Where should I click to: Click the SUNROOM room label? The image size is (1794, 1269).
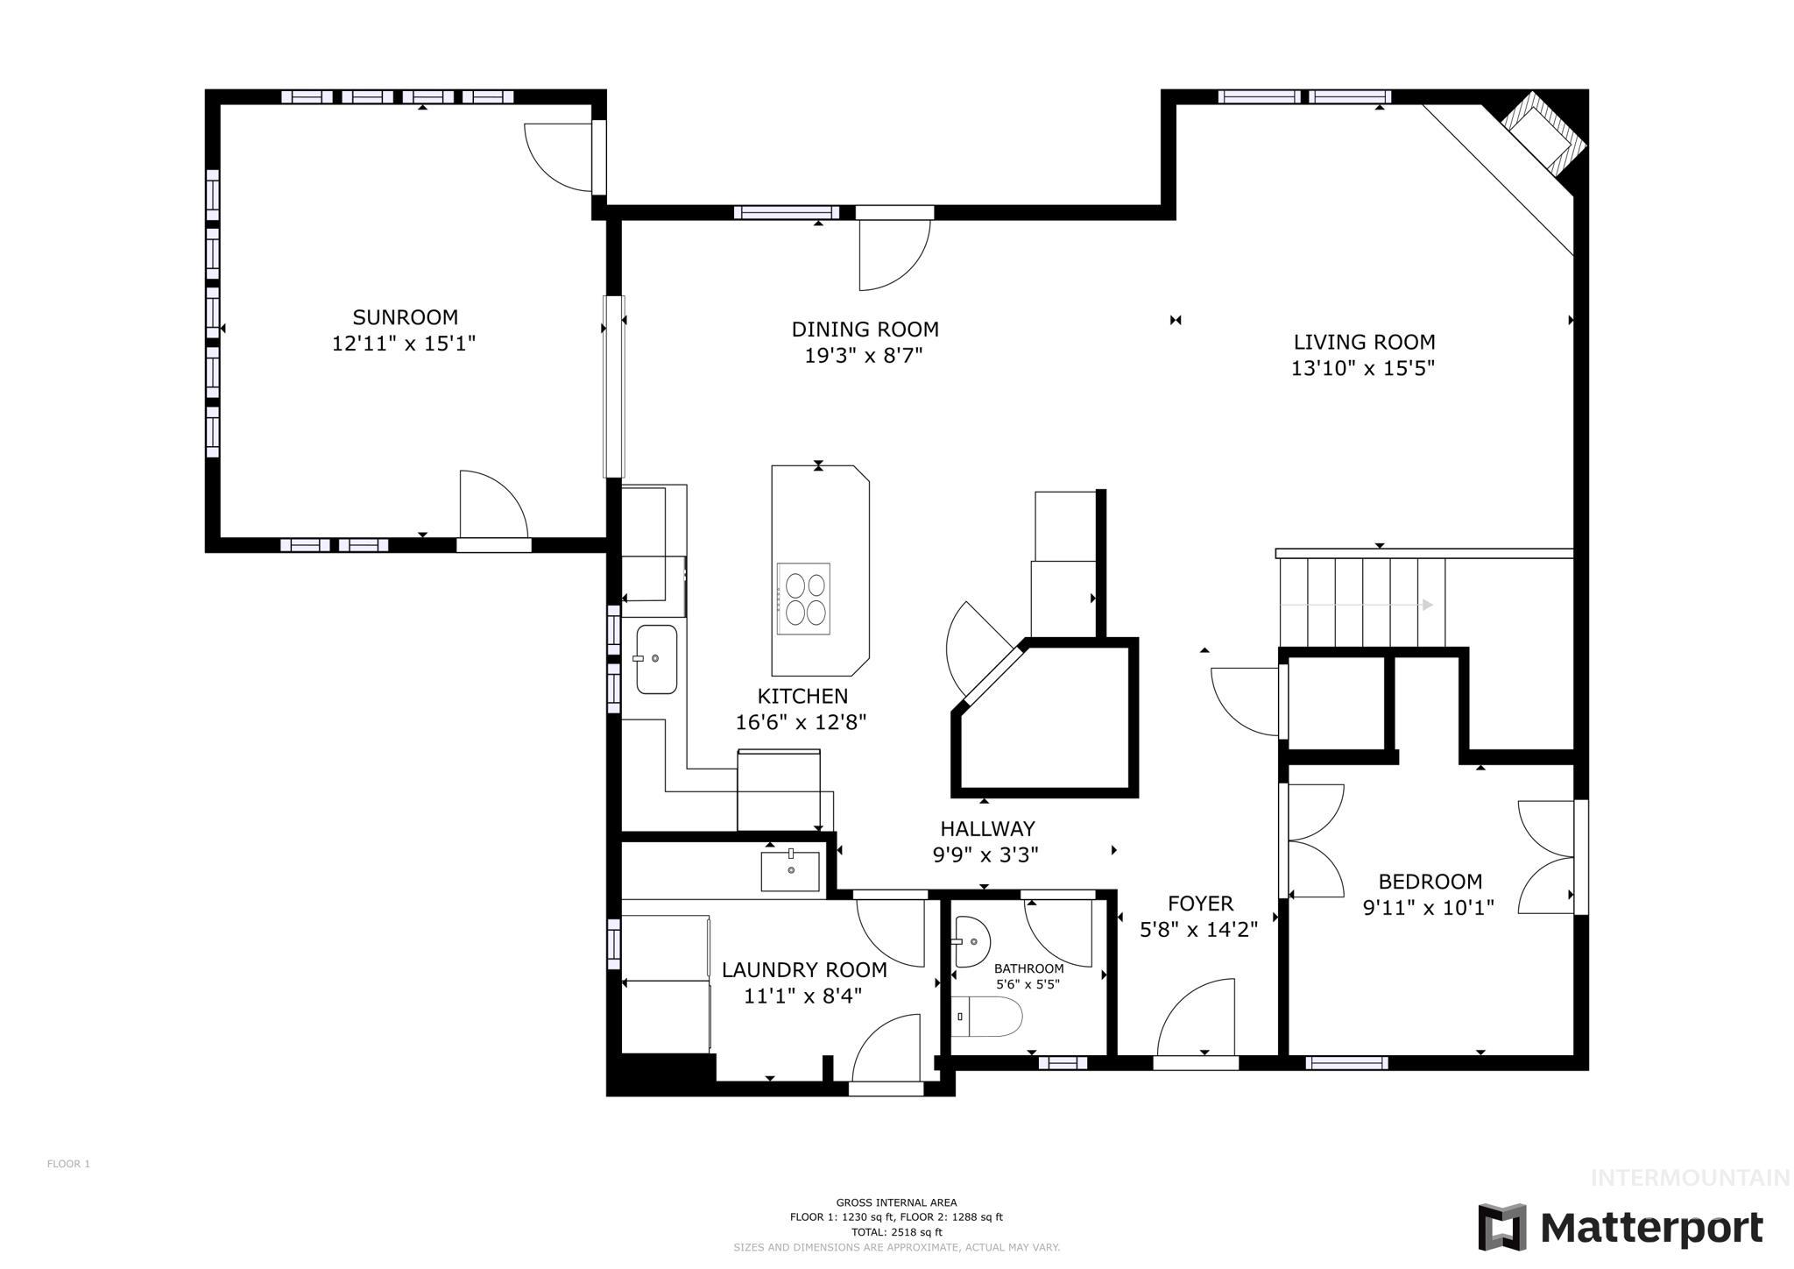click(x=405, y=317)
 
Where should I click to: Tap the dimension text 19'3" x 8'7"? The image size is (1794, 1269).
click(x=864, y=356)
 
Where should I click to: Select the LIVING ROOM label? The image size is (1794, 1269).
click(x=1364, y=342)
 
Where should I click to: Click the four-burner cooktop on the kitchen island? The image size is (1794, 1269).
click(x=804, y=599)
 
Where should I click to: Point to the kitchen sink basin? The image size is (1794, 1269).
click(x=656, y=659)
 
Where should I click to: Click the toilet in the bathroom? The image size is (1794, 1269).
click(x=988, y=1017)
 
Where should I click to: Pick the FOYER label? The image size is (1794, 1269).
click(x=1200, y=904)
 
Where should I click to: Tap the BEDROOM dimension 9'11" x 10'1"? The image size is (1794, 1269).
click(x=1429, y=908)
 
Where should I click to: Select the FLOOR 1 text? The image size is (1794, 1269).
click(x=68, y=1164)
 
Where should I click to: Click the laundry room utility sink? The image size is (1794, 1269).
click(x=790, y=870)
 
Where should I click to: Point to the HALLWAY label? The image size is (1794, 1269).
click(x=987, y=828)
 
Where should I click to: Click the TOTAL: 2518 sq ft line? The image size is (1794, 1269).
click(x=896, y=1231)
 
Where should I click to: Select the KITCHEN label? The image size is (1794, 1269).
click(x=802, y=696)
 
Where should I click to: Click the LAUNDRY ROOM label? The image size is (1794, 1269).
click(x=804, y=970)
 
